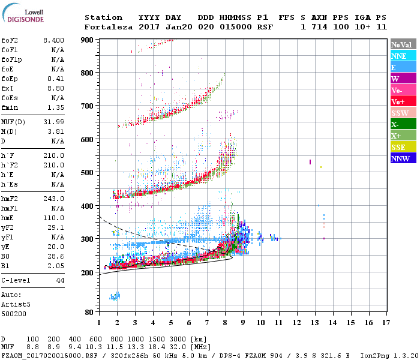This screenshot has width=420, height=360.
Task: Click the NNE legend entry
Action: [403, 56]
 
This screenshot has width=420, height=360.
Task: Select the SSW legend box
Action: [403, 113]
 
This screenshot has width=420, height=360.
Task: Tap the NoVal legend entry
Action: [403, 44]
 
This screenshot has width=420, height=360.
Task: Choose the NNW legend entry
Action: [403, 158]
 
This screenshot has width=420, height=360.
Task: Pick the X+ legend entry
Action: [403, 136]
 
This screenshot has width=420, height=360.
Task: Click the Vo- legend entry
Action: [403, 90]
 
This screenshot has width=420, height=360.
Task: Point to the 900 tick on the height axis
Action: [88, 40]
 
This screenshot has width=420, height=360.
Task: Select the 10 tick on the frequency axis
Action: [261, 323]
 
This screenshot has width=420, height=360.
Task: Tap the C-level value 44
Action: [59, 280]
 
